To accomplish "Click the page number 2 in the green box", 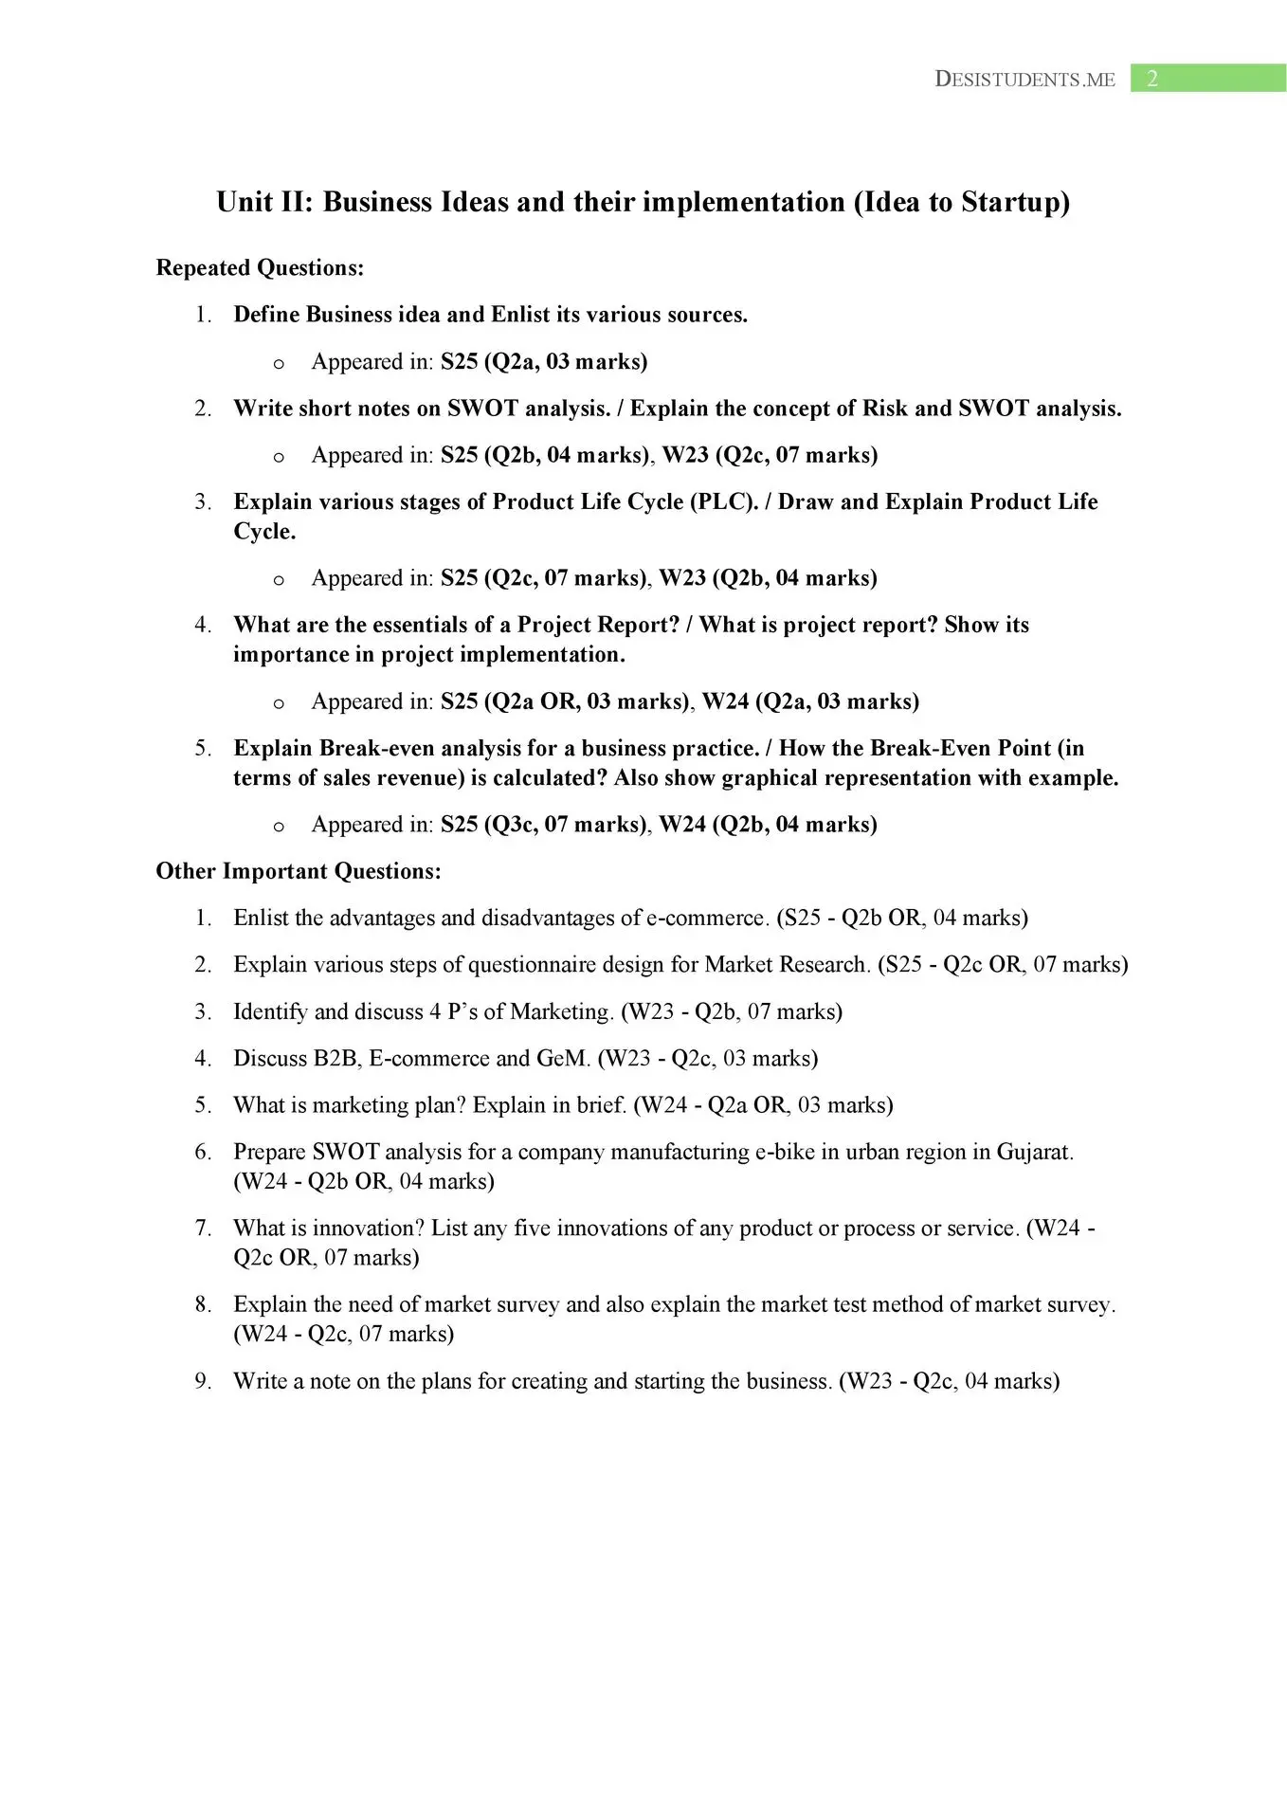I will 1152,79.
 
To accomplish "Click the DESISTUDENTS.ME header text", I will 1024,80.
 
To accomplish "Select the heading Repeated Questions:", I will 260,268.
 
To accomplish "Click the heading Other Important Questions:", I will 299,871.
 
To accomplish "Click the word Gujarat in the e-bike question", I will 1034,1152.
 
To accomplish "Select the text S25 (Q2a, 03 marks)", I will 544,361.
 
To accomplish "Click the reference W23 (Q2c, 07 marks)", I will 770,455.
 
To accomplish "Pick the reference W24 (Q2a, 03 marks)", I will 810,701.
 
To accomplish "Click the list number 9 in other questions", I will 203,1381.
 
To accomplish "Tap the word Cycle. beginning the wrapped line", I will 264,532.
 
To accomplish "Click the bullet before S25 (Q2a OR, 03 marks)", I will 279,703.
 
